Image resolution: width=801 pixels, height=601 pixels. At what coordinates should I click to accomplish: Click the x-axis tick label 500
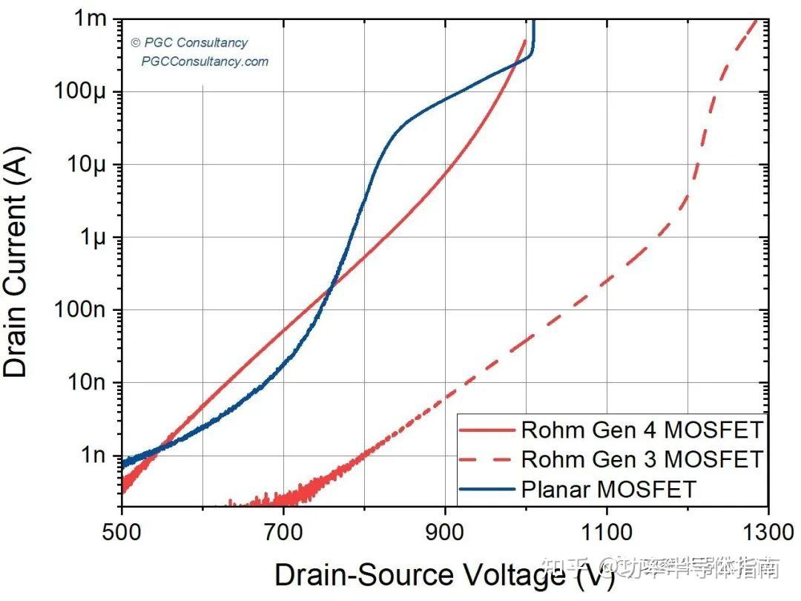click(121, 532)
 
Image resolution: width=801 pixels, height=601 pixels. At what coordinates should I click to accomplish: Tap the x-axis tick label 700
click(283, 532)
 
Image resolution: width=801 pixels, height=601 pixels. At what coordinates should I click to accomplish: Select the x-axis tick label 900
click(444, 532)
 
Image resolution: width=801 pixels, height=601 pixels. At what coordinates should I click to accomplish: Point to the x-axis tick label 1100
click(606, 532)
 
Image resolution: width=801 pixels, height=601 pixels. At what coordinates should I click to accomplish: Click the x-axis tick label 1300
click(768, 532)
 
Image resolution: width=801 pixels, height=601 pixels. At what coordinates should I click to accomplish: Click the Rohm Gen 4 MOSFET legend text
click(642, 430)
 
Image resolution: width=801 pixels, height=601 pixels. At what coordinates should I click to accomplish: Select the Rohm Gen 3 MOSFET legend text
click(642, 459)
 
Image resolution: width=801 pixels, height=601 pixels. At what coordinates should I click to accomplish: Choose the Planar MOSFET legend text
click(609, 489)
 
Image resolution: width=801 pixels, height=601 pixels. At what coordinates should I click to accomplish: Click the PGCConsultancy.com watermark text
click(205, 62)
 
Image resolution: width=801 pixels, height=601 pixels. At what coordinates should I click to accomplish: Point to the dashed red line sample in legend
click(487, 459)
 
